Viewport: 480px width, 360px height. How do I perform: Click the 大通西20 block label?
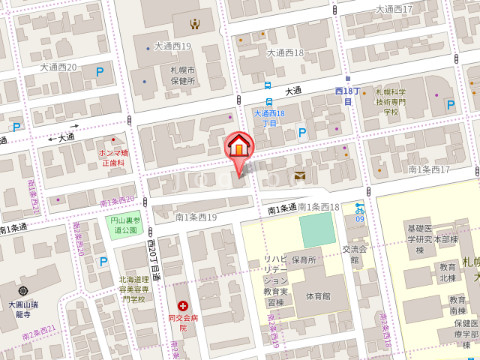(58, 66)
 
